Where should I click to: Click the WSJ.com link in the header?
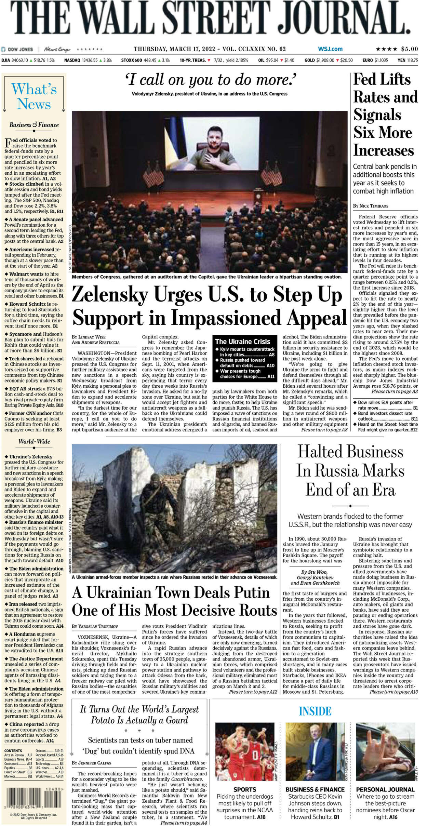tap(330, 49)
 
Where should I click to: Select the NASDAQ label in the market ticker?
tap(72, 60)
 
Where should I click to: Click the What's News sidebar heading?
tap(34, 96)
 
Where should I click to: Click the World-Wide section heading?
tap(34, 441)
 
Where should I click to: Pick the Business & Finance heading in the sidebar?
tap(34, 125)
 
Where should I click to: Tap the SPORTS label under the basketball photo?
tap(244, 789)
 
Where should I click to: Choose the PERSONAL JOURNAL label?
tap(385, 789)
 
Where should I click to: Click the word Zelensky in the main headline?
tap(110, 295)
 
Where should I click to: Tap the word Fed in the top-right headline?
tap(365, 80)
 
